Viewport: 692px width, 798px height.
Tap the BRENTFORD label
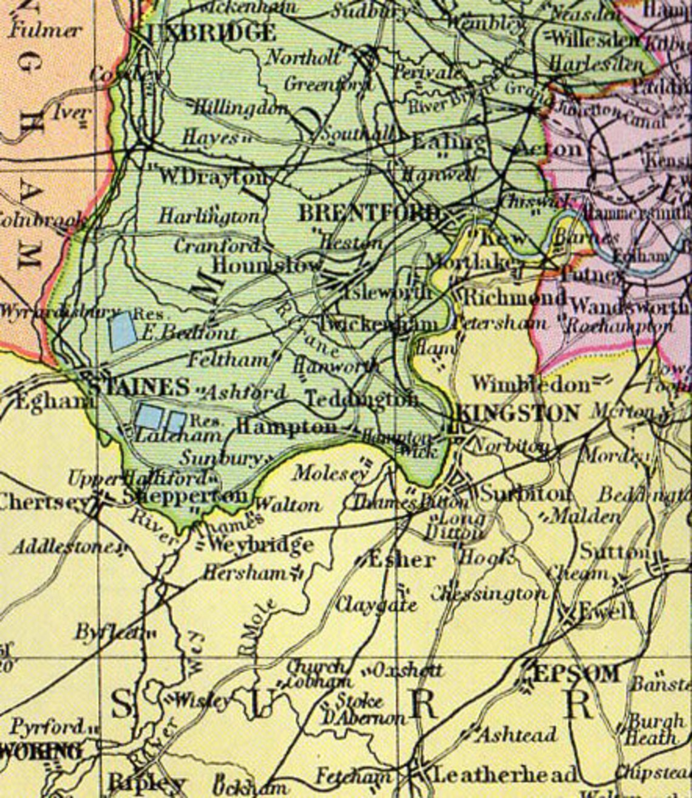(x=368, y=213)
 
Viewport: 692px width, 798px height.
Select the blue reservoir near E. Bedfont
(x=122, y=331)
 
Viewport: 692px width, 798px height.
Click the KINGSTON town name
(x=517, y=414)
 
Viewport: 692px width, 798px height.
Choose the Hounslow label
(x=267, y=265)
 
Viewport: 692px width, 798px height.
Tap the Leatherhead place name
(x=504, y=774)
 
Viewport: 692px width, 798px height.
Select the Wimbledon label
(x=531, y=384)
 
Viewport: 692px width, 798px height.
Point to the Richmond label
(x=515, y=298)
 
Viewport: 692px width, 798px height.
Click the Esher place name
(x=401, y=559)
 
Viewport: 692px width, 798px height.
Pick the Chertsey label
(x=44, y=503)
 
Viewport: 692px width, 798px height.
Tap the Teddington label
(x=362, y=399)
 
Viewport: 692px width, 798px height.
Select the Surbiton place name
(x=525, y=494)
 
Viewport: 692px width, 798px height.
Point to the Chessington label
(x=489, y=594)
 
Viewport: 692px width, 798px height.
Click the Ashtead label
(x=517, y=735)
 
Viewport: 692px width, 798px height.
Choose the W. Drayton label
(x=214, y=177)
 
